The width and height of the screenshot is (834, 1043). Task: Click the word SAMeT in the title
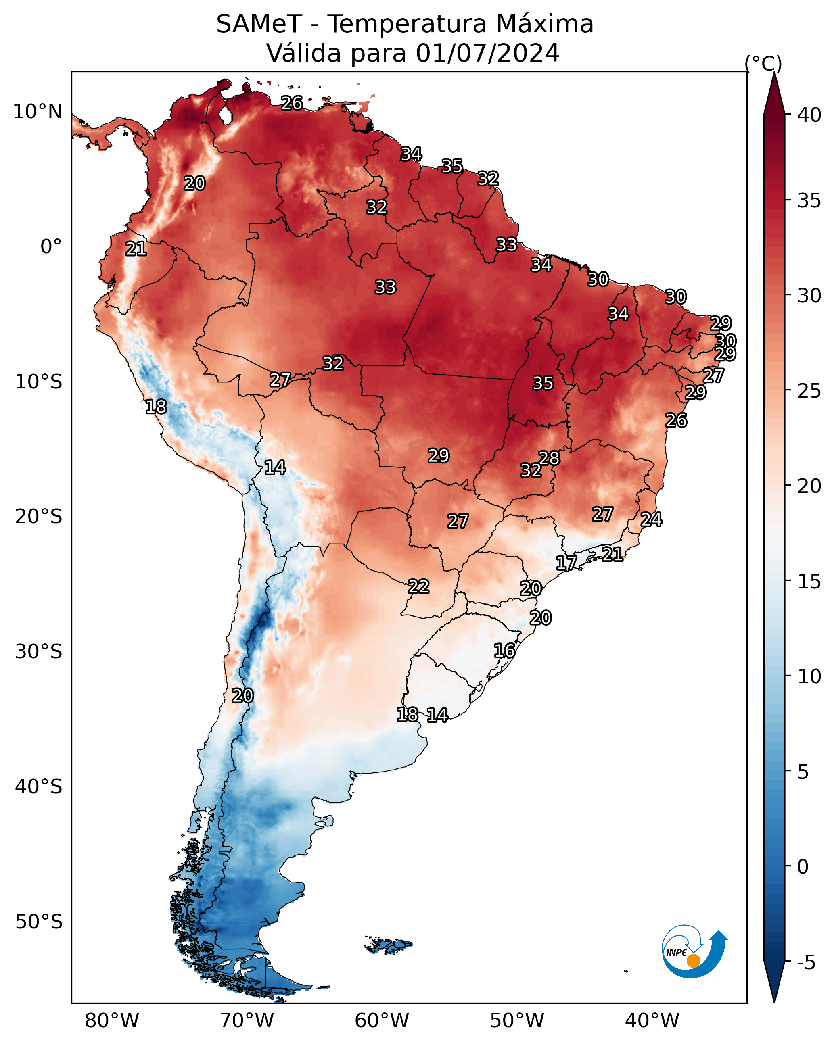tap(259, 24)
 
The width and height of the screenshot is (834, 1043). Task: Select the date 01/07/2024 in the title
tap(487, 53)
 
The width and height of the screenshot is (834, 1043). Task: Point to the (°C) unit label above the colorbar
tap(763, 63)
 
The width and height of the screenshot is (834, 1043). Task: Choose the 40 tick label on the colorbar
tap(809, 115)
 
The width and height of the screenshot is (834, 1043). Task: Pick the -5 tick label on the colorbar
tap(806, 963)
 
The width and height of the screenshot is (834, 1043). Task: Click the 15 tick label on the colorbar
tap(809, 582)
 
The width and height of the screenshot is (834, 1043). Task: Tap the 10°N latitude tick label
tap(37, 112)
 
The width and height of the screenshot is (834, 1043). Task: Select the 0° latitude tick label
tap(51, 247)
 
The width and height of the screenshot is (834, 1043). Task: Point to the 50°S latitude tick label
tap(39, 922)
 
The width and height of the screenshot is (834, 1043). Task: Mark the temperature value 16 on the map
tap(504, 651)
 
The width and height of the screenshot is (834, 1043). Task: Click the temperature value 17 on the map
tap(566, 563)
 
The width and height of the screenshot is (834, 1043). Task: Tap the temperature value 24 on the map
tap(652, 519)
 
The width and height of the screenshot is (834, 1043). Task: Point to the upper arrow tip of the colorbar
tap(774, 73)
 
